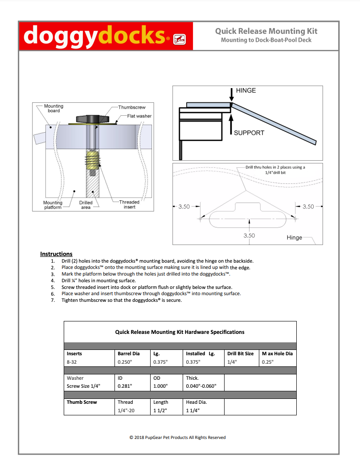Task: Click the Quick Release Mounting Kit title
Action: pos(266,31)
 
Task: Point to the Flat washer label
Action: pos(139,116)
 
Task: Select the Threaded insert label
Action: pos(129,204)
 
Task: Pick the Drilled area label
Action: pos(86,205)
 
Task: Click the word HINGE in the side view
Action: pos(246,90)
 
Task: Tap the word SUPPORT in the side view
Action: pos(249,133)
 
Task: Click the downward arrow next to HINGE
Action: pos(231,93)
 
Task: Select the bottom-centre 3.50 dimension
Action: pos(249,235)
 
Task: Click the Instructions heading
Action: pos(56,254)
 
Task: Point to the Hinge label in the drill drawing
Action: pos(294,238)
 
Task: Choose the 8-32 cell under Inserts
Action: pos(71,362)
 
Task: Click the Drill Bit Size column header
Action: pos(240,353)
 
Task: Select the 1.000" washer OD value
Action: pos(160,386)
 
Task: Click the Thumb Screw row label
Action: pos(82,402)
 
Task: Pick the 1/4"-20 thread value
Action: pos(126,411)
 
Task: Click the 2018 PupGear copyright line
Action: pos(177,438)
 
